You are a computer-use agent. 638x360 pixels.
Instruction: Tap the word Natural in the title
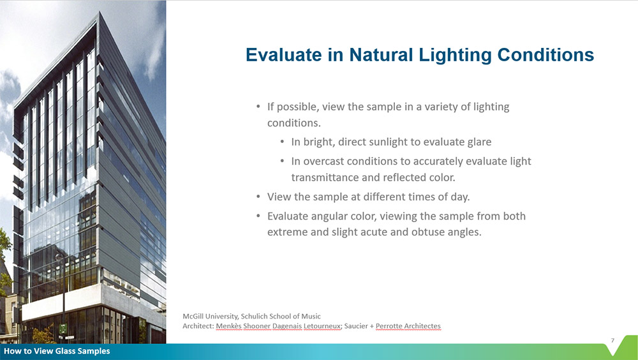[x=380, y=55]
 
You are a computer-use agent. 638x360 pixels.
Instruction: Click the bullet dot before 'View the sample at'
[x=258, y=197]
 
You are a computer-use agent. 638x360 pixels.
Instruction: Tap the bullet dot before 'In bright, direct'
[x=283, y=142]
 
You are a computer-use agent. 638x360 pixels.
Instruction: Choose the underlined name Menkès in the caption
[x=228, y=326]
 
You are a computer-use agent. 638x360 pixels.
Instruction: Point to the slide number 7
[x=612, y=340]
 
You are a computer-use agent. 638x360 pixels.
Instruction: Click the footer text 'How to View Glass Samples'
[x=57, y=351]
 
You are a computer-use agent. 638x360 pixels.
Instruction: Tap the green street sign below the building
[x=63, y=329]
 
